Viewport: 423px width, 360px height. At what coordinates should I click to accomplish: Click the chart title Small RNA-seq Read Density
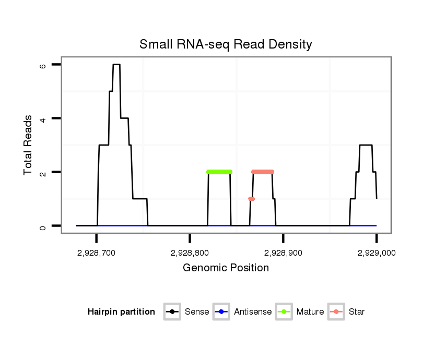(x=226, y=44)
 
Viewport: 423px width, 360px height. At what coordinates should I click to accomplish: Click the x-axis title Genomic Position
(x=226, y=268)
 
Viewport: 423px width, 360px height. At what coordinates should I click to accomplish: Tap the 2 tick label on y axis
(x=43, y=172)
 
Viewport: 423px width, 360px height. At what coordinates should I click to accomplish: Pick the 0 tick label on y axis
(x=43, y=226)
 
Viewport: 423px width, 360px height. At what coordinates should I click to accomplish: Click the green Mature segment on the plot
(x=219, y=172)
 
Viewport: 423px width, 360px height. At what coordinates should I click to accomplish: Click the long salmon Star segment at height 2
(x=262, y=172)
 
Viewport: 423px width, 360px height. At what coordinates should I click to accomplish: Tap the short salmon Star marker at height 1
(x=251, y=199)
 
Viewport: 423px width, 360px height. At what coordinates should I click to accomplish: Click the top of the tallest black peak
(x=116, y=65)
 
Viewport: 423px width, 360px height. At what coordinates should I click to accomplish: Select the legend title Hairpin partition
(x=121, y=312)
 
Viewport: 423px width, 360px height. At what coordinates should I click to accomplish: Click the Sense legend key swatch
(x=172, y=312)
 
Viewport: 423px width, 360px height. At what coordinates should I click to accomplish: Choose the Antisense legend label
(x=253, y=312)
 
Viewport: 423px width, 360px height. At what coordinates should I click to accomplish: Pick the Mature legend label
(x=310, y=312)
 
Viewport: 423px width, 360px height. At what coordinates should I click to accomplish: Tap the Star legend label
(x=357, y=312)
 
